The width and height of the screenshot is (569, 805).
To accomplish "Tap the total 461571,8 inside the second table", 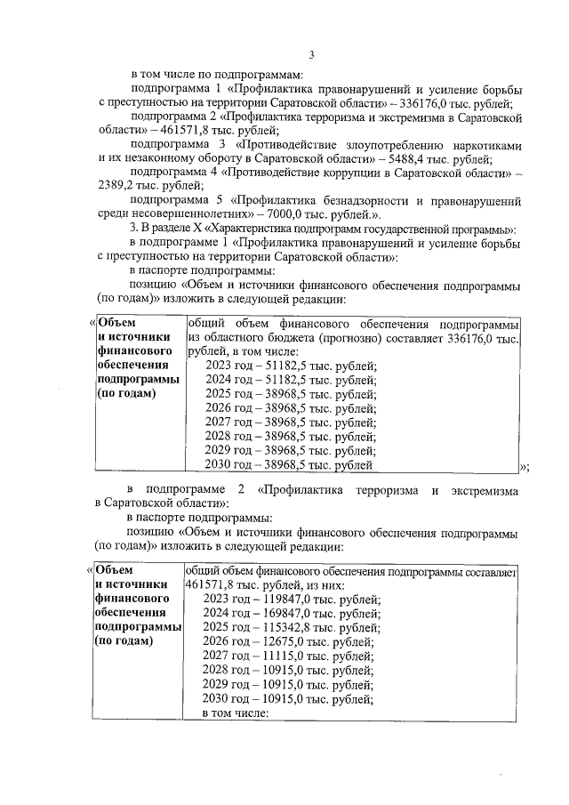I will [212, 584].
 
